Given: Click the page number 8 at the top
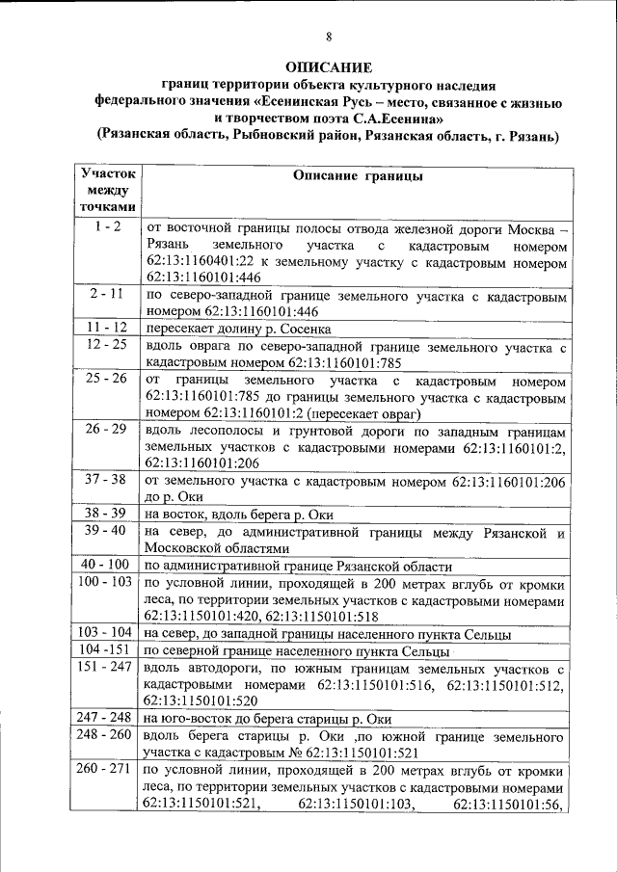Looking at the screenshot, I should (x=328, y=38).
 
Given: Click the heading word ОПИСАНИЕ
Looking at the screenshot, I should (x=328, y=67).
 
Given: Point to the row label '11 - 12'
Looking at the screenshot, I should (x=101, y=327).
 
